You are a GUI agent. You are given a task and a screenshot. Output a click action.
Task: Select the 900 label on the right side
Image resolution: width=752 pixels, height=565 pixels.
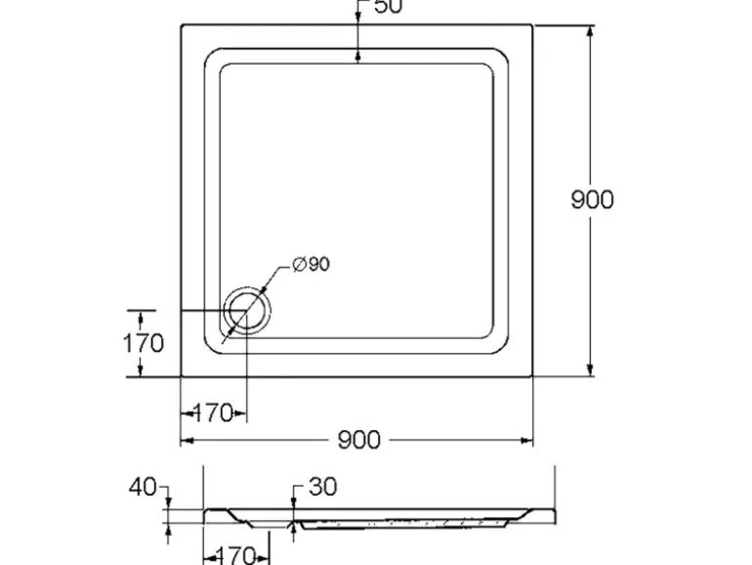point(592,199)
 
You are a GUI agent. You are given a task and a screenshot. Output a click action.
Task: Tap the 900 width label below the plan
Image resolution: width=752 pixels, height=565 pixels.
point(358,441)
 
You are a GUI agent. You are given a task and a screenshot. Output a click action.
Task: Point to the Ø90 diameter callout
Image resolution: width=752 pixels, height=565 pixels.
point(311,265)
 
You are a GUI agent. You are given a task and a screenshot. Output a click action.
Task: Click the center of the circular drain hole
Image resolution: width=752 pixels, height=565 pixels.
point(245,312)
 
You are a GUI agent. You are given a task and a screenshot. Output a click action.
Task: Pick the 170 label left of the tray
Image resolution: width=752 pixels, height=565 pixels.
point(143,343)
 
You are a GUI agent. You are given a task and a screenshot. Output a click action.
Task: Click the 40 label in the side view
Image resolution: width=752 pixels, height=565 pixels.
point(143,487)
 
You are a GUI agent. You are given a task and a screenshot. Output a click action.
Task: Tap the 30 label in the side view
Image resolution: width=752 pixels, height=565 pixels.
point(322,487)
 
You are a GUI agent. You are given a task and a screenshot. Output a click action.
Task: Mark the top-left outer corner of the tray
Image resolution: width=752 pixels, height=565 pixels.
point(182,25)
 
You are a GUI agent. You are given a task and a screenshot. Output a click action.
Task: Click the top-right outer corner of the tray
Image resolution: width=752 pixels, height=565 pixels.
point(532,25)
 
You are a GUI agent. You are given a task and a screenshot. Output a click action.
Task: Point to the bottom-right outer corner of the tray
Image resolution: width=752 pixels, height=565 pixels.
point(532,375)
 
